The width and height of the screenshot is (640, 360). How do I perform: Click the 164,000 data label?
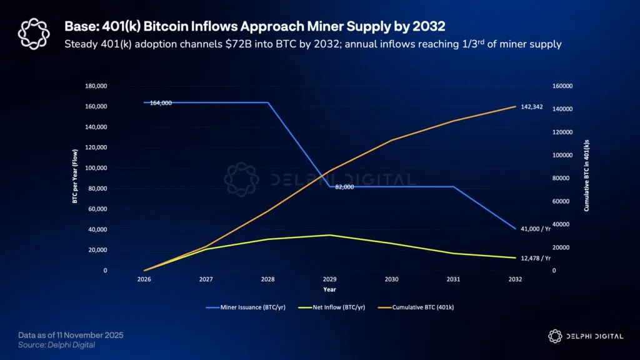pos(161,103)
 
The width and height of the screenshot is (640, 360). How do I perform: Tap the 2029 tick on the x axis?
pos(330,280)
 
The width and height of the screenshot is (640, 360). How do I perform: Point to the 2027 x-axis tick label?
pos(206,280)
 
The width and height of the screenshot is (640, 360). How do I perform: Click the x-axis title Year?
pos(329,289)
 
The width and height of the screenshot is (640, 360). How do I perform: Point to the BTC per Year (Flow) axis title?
pos(75,178)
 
